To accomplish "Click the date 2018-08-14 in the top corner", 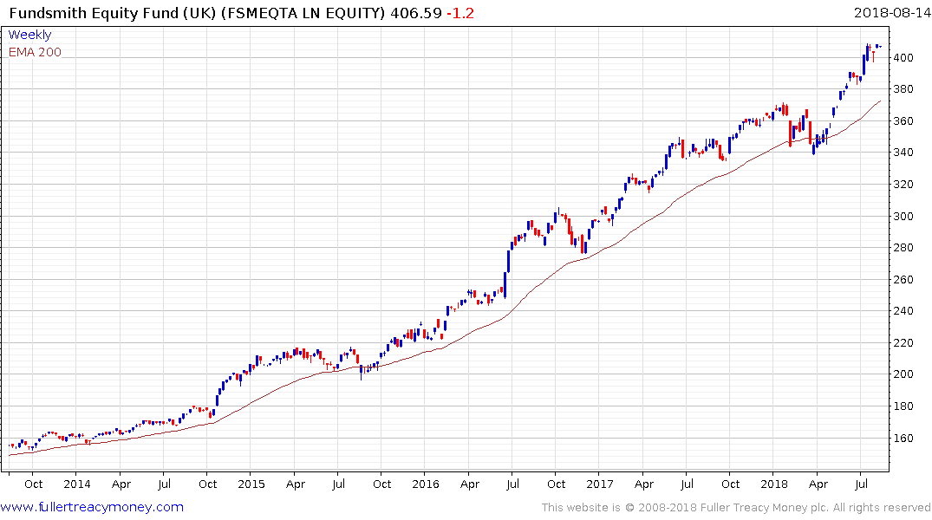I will (x=890, y=13).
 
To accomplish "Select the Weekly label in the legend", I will (x=29, y=35).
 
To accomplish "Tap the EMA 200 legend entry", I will (x=35, y=52).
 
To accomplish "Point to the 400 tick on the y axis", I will (x=904, y=58).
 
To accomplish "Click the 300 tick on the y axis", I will (x=904, y=216).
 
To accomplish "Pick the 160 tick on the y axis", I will (x=904, y=438).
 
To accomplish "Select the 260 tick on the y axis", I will (x=904, y=279).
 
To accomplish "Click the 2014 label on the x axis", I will (x=76, y=484).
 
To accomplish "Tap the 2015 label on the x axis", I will (x=251, y=484).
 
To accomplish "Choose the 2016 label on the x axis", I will (x=425, y=484).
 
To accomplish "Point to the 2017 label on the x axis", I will (x=600, y=484).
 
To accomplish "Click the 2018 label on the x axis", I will (x=774, y=484).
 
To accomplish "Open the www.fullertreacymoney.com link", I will (x=92, y=507).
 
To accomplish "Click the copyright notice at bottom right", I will (x=736, y=507).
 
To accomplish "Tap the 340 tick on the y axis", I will (x=904, y=153).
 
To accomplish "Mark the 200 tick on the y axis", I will (x=904, y=374).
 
